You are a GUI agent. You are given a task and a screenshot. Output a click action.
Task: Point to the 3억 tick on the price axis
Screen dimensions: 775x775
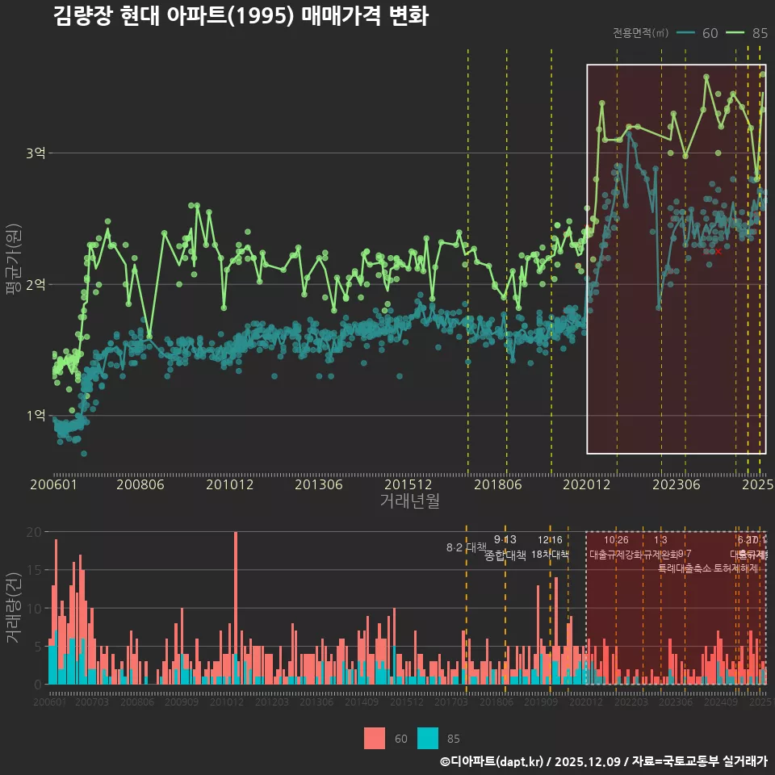pyautogui.click(x=36, y=153)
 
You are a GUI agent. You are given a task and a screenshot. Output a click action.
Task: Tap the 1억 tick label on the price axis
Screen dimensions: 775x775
pyautogui.click(x=36, y=416)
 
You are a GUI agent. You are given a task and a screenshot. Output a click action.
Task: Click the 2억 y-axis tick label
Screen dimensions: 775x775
pyautogui.click(x=36, y=284)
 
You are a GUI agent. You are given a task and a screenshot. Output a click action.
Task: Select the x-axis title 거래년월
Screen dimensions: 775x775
pyautogui.click(x=409, y=501)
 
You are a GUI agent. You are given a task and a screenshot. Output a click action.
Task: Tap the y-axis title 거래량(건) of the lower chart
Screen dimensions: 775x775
pyautogui.click(x=13, y=608)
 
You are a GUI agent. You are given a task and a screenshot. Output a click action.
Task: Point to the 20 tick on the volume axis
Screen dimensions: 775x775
pyautogui.click(x=33, y=532)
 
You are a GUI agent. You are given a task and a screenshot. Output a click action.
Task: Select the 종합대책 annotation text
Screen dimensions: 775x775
pyautogui.click(x=505, y=555)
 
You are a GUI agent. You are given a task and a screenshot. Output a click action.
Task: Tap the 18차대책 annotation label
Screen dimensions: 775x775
pyautogui.click(x=550, y=555)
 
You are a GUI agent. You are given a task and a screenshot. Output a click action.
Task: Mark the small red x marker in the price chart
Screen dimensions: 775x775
pyautogui.click(x=718, y=252)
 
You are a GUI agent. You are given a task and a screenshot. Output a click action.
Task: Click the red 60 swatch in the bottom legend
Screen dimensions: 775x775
pyautogui.click(x=375, y=738)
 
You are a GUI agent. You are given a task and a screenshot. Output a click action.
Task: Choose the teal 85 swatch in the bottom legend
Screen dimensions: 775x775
pyautogui.click(x=428, y=738)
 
